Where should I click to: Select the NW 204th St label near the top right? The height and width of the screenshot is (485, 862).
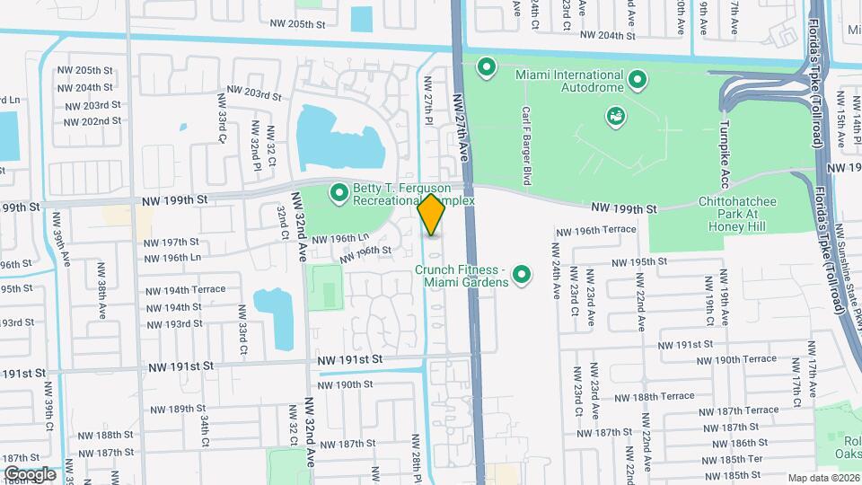pos(608,36)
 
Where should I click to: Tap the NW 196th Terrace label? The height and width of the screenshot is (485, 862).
pos(595,231)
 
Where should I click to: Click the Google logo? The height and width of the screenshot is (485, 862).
pos(30,473)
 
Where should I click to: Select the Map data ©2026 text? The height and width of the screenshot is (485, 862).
pos(823,478)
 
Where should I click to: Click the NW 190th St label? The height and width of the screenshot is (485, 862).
pos(343,384)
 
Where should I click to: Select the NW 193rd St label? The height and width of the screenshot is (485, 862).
pos(171,323)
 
